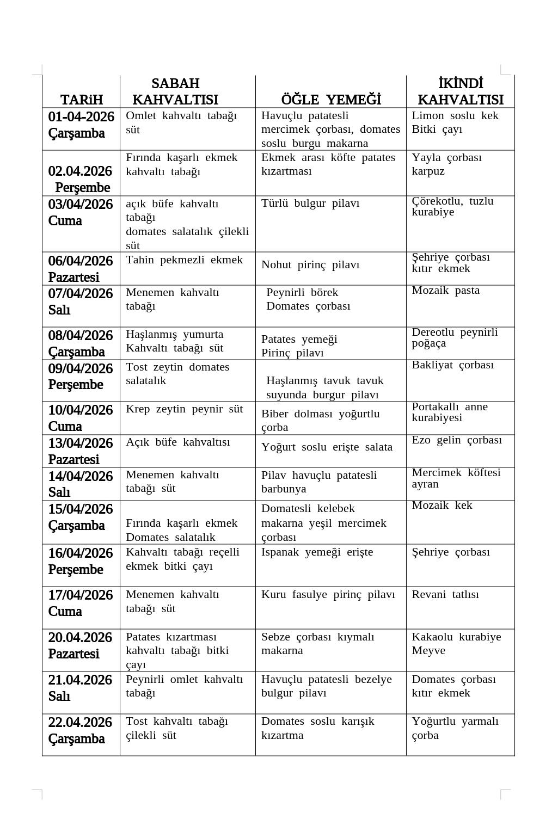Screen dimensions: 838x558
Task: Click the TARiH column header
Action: coord(81,100)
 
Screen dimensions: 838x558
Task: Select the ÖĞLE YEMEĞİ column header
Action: coord(331,100)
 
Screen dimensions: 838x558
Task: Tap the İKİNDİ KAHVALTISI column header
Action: coord(461,91)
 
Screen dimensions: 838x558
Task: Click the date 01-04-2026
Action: coord(81,117)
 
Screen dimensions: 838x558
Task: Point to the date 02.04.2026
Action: coord(80,171)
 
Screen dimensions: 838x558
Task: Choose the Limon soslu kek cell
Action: coord(455,116)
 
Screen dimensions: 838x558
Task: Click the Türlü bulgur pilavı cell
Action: coord(310,204)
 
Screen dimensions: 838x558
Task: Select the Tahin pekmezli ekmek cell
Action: coord(184,260)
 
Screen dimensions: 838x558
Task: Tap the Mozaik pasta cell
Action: coord(446,291)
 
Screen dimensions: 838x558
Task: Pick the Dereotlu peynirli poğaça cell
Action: coord(455,338)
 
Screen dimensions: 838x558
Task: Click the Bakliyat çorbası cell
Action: coord(452,365)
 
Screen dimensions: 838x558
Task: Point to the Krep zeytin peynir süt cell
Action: coord(184,409)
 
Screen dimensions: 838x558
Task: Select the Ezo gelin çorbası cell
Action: coord(457,440)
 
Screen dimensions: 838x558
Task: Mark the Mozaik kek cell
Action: coord(442,506)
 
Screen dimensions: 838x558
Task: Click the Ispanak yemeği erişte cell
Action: coord(317,552)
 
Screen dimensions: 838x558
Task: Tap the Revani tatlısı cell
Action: coord(445,595)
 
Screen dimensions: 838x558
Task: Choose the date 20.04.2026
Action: coord(80,638)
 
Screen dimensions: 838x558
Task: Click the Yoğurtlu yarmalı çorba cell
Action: coord(455,728)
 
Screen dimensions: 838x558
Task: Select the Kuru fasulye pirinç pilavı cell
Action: coord(328,595)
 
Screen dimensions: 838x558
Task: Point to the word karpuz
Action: coord(428,171)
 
